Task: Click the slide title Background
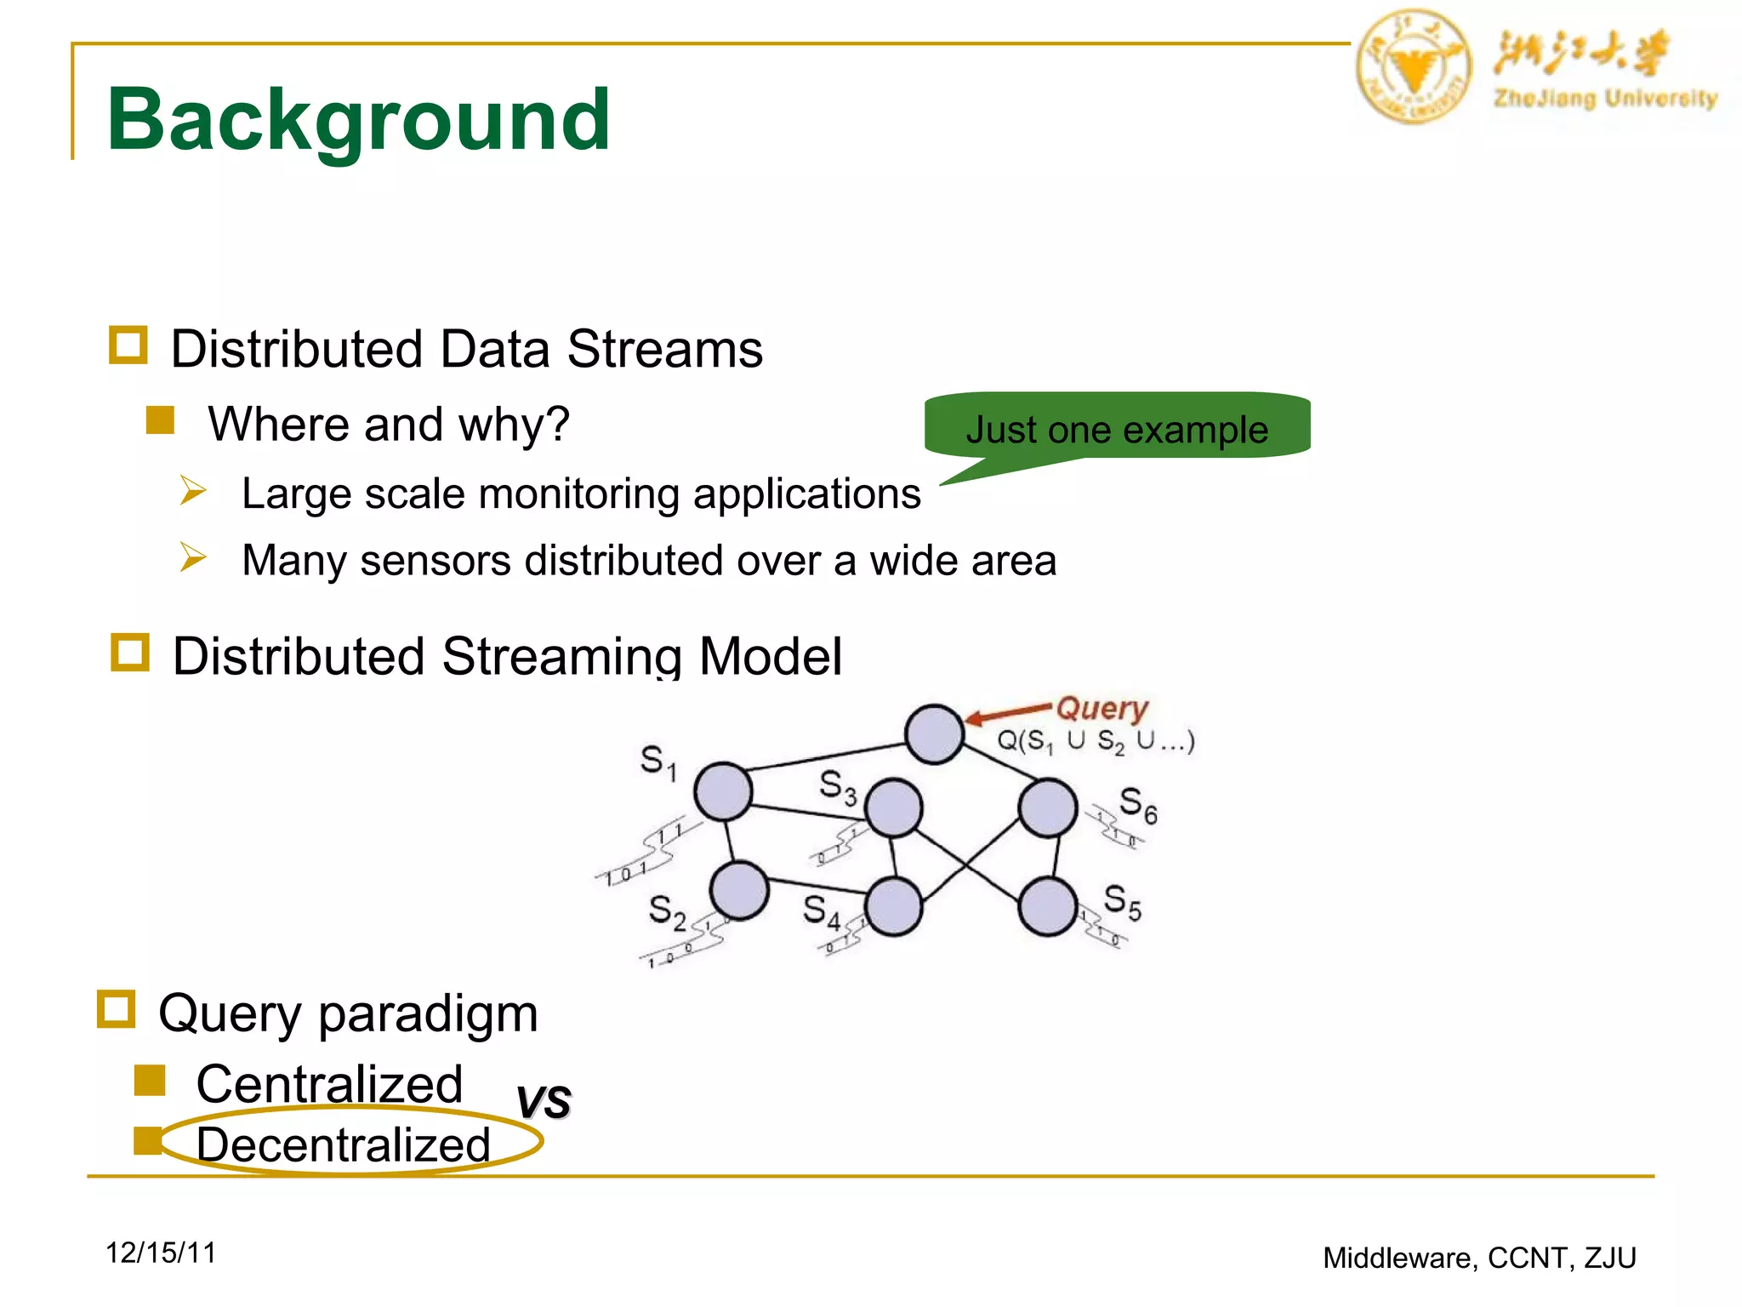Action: [x=357, y=121]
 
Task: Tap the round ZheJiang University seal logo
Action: [x=1413, y=67]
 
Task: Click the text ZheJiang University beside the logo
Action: [x=1605, y=99]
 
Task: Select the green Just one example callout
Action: [x=1116, y=428]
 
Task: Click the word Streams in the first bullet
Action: [x=664, y=349]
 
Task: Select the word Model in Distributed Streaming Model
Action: [x=770, y=656]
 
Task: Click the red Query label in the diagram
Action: [x=1102, y=708]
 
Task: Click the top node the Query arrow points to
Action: [x=934, y=733]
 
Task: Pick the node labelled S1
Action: [x=723, y=790]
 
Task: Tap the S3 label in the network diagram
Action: [x=838, y=787]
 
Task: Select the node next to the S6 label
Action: [x=1048, y=808]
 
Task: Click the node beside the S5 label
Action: [x=1048, y=907]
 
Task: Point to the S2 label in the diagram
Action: [x=666, y=912]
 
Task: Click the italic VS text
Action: [x=544, y=1101]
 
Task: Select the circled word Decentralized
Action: [x=344, y=1144]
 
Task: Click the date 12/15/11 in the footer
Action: [x=161, y=1253]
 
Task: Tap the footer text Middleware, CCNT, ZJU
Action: [x=1479, y=1258]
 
